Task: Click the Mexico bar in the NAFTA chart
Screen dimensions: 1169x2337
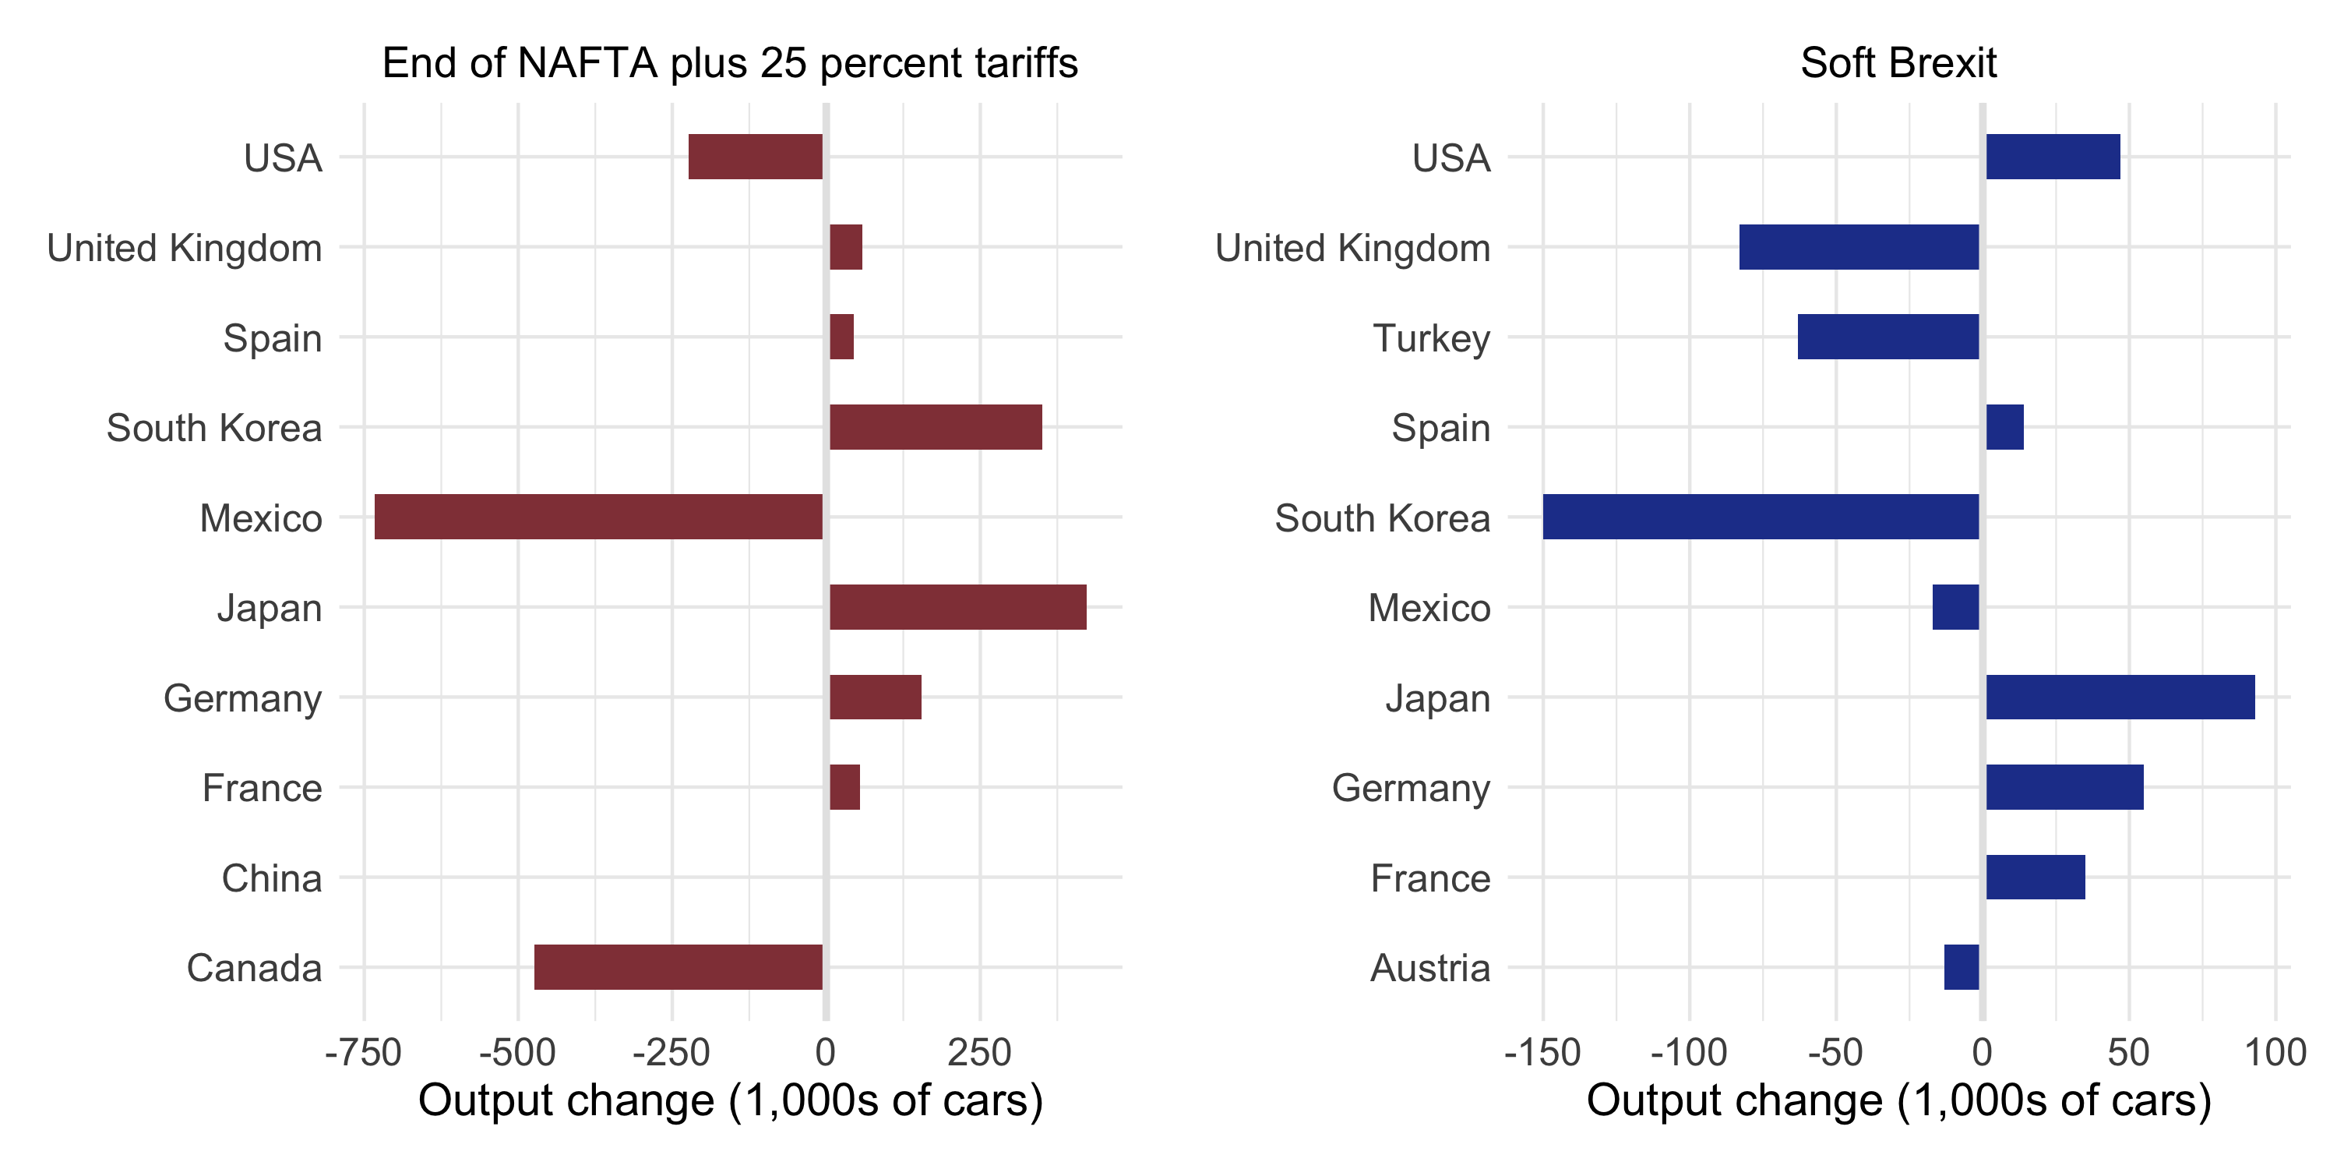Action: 599,517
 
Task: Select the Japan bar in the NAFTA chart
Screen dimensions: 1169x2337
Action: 958,606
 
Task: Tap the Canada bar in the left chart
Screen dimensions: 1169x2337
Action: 679,966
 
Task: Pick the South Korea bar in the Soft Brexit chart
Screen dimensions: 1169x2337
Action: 1760,517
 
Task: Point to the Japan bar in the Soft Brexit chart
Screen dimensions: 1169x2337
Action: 2120,696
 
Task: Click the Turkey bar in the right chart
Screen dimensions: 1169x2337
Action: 1888,337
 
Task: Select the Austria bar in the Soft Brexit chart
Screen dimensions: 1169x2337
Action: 1962,966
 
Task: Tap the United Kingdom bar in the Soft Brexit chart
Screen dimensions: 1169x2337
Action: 1859,247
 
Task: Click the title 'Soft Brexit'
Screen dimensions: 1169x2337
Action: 1898,64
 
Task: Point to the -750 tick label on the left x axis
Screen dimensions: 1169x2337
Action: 364,1053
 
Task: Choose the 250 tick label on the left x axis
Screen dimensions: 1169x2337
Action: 979,1053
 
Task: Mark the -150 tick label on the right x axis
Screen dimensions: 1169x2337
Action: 1542,1053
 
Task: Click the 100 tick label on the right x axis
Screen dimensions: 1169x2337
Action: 2275,1053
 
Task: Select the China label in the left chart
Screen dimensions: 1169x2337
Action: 272,878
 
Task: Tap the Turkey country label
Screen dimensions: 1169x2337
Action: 1432,337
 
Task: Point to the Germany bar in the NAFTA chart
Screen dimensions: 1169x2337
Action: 876,696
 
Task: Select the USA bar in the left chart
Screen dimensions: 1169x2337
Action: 756,156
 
